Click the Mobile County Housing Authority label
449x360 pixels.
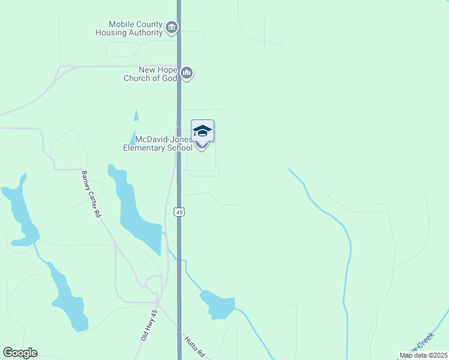[x=129, y=28]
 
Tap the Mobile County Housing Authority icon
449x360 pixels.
[x=172, y=27]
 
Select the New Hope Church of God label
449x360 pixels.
[x=150, y=74]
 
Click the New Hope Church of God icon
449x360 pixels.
[x=187, y=73]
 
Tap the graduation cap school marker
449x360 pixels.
[x=203, y=131]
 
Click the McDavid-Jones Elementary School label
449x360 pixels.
[x=157, y=144]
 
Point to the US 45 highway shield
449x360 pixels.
[x=179, y=212]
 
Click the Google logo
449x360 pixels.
[x=20, y=353]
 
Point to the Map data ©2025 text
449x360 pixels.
[x=423, y=355]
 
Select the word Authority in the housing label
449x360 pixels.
[x=145, y=32]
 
